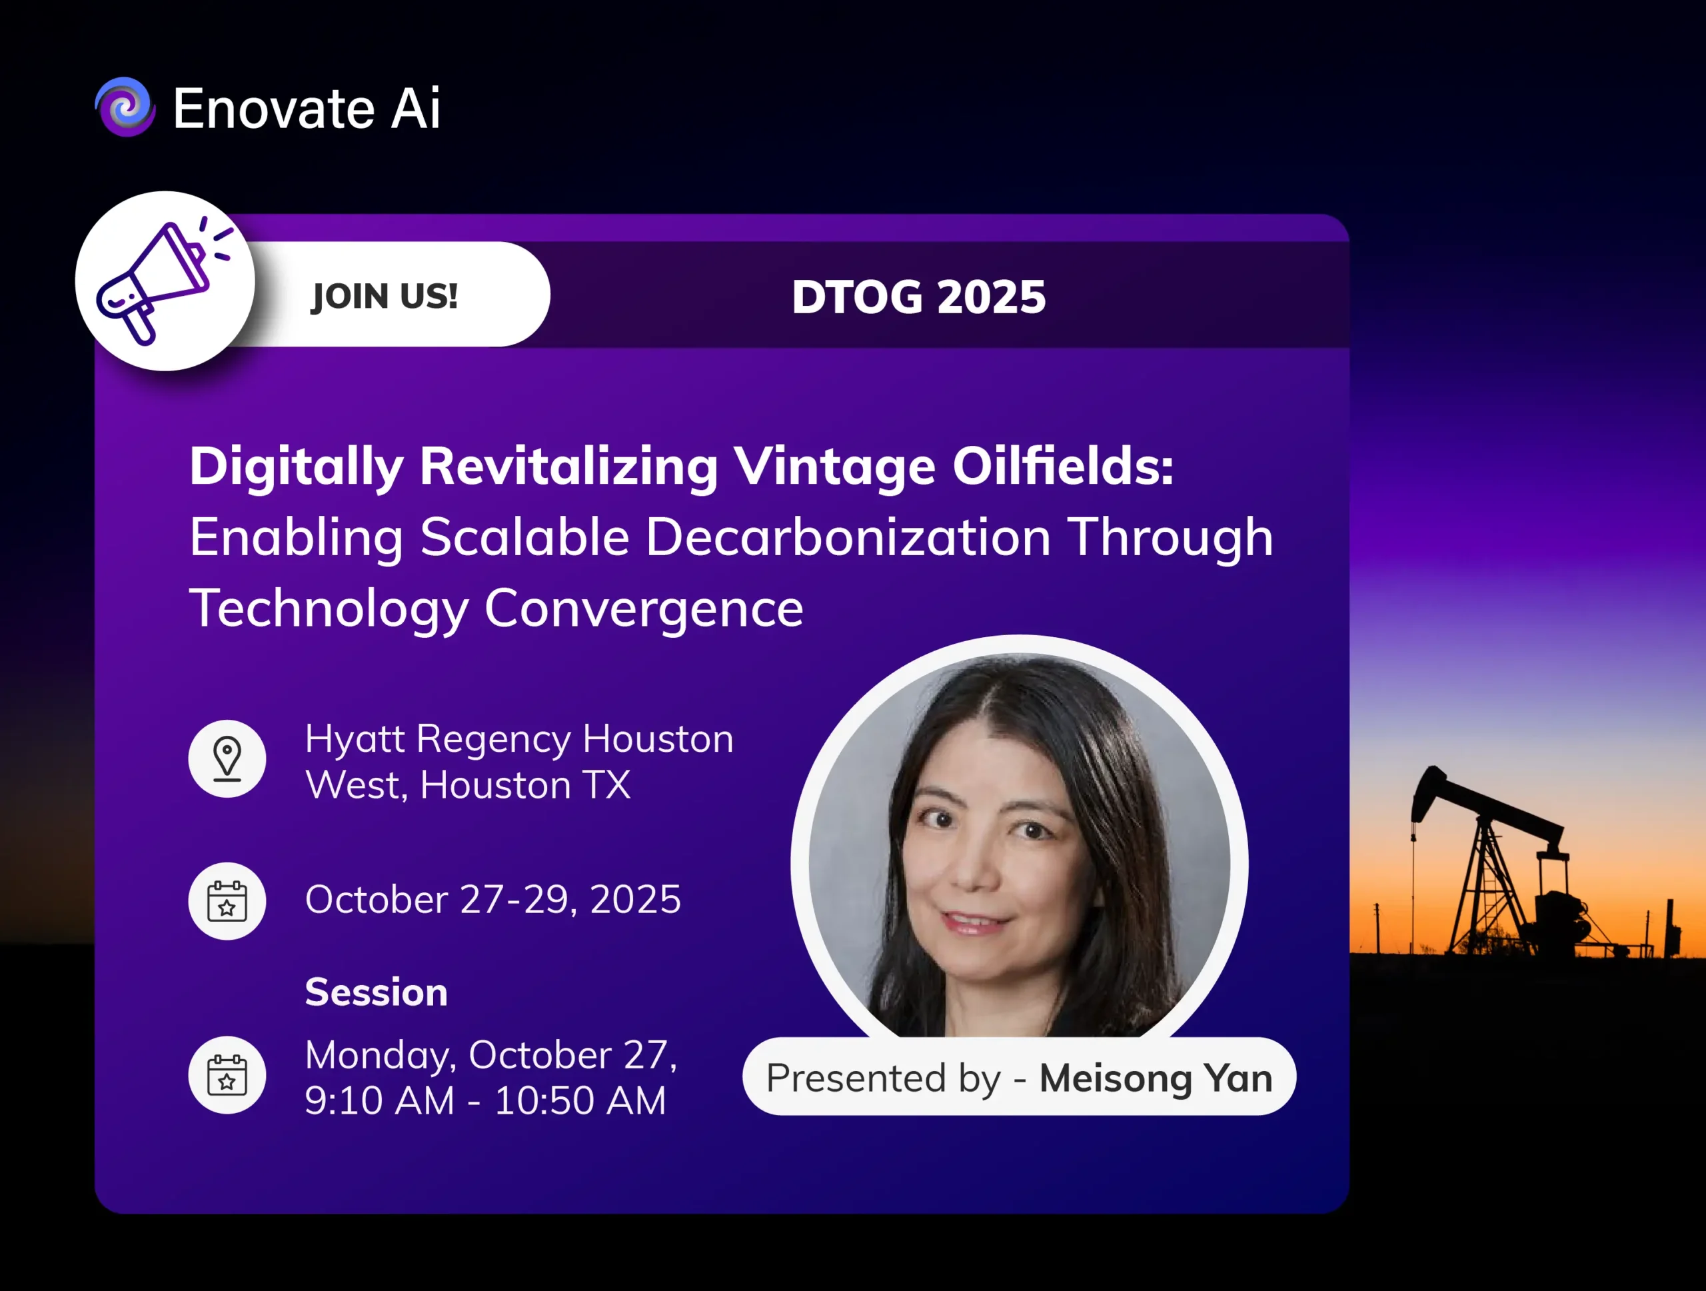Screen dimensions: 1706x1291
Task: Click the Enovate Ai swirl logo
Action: [125, 107]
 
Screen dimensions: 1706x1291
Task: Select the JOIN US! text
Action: [384, 296]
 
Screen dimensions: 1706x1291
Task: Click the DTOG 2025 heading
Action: [918, 297]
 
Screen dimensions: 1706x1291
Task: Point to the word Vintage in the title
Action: [834, 467]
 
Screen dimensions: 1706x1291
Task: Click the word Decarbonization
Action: [848, 537]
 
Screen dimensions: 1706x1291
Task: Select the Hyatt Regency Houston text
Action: [519, 740]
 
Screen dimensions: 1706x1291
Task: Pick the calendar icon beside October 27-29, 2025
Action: [227, 901]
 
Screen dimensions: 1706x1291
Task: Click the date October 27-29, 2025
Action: [493, 899]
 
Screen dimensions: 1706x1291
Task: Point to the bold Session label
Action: [377, 992]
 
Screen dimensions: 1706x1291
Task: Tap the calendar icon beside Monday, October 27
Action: [227, 1075]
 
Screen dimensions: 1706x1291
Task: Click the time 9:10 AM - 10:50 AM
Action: [485, 1100]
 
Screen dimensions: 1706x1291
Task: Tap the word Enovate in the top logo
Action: [273, 108]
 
